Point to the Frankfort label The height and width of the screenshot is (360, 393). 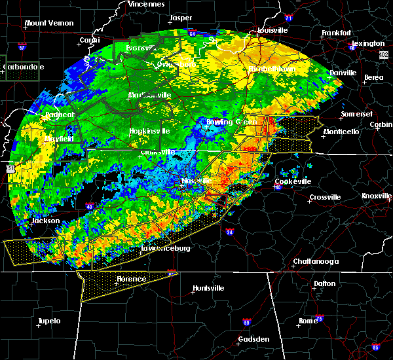coord(337,33)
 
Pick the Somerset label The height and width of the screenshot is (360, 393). coord(356,115)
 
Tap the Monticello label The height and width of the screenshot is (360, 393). coord(341,132)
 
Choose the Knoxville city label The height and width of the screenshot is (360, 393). coord(377,196)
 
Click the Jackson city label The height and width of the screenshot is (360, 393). coord(47,221)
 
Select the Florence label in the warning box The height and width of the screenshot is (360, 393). coord(132,279)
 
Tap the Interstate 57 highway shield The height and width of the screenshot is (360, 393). coord(22,48)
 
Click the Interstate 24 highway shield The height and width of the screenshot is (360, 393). coord(230,232)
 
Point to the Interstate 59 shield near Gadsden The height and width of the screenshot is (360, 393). coord(246,323)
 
